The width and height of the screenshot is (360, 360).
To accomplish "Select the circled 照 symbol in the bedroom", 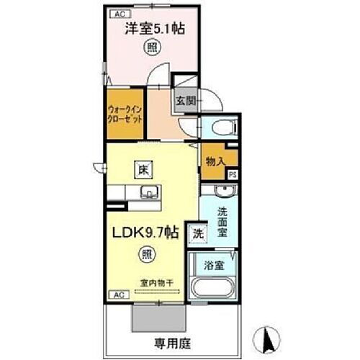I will point(153,48).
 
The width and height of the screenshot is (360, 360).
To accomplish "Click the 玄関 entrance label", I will point(182,101).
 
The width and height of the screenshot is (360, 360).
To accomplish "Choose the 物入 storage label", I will point(215,161).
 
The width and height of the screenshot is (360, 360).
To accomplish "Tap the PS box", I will point(233,174).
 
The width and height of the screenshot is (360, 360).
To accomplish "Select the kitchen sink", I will point(149,192).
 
